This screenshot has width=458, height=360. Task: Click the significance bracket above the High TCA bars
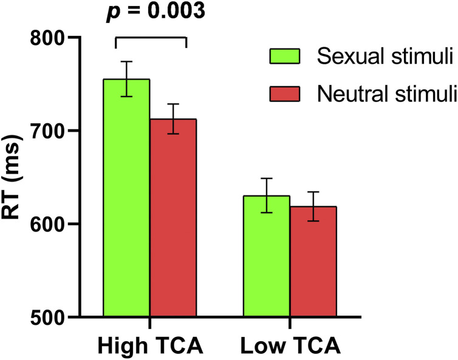[151, 38]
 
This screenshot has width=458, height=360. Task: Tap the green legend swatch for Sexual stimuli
[285, 57]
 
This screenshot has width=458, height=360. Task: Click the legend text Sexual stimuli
[385, 57]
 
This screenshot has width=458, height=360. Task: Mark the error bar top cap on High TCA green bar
[127, 61]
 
